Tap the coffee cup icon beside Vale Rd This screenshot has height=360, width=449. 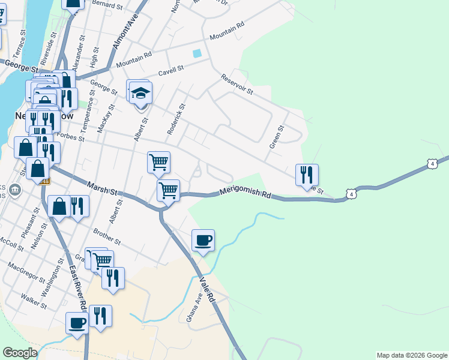tap(203, 241)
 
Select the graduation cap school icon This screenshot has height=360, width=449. tap(141, 94)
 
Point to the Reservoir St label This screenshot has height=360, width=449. tap(237, 84)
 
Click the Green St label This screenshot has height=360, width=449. tap(276, 137)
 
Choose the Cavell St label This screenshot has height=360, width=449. tap(170, 71)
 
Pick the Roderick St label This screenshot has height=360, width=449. tap(177, 118)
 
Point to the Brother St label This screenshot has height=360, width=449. tap(107, 236)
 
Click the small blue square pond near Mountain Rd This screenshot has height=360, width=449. tap(197, 53)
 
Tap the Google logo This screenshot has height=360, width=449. tap(20, 353)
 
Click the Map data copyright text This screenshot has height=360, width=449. tap(411, 355)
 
